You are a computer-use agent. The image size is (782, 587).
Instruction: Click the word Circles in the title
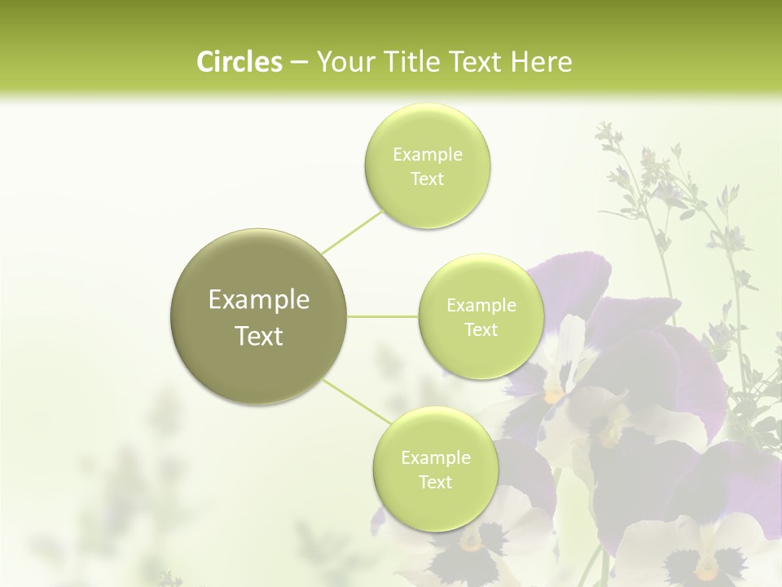(239, 62)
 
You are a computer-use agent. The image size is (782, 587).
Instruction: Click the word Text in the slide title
(476, 62)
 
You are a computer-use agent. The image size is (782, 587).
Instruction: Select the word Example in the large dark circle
(258, 300)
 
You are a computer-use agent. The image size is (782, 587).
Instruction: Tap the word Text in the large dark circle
(258, 336)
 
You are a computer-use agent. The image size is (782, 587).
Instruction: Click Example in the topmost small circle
(428, 155)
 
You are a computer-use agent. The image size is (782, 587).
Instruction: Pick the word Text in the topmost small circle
(427, 179)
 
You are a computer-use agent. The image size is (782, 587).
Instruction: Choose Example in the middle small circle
(481, 306)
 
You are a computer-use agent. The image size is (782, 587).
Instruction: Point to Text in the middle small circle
(481, 330)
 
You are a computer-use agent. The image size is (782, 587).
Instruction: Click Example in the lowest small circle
(436, 458)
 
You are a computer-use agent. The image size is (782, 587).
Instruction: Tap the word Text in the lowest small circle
(435, 483)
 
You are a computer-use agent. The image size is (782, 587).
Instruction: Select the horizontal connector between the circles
(383, 316)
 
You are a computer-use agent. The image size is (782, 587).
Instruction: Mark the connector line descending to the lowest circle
(355, 403)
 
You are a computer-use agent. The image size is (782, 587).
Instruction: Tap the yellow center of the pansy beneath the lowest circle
(472, 541)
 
